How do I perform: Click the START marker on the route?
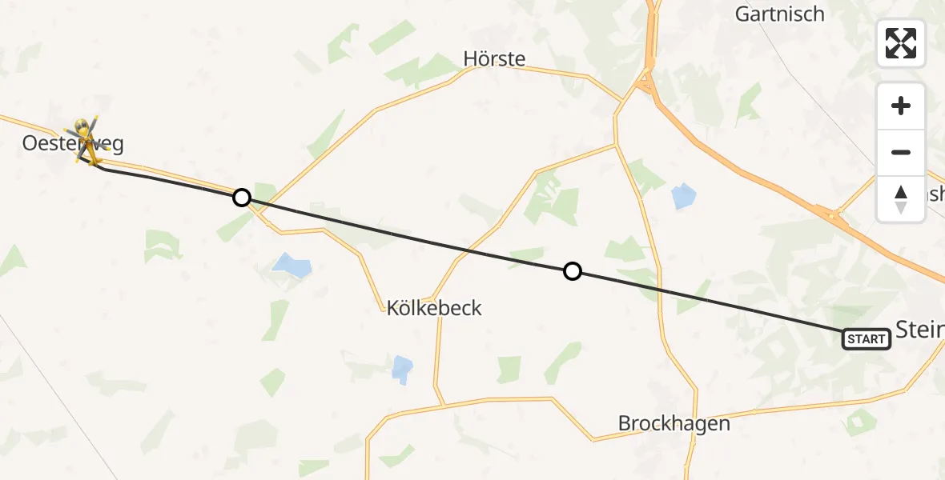pos(867,339)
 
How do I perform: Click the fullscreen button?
pos(901,43)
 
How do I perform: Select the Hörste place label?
pos(494,58)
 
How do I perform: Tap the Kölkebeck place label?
pos(434,308)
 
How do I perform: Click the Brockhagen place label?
pos(674,423)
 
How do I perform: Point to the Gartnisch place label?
pos(779,14)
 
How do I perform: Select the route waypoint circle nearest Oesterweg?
pos(241,197)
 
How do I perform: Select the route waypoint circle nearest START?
pos(572,271)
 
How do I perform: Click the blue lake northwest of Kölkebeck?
pos(292,265)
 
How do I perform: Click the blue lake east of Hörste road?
pos(684,196)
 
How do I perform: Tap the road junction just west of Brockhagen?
pos(593,439)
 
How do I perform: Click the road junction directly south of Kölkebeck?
pos(440,405)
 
